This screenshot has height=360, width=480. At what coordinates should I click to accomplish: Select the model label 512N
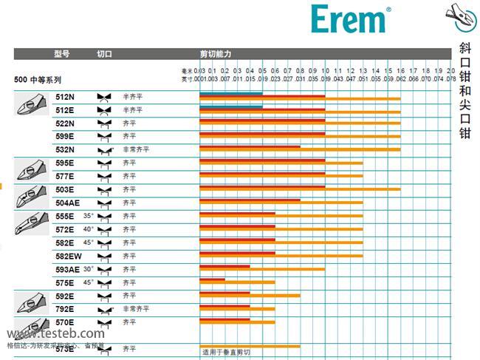coord(65,97)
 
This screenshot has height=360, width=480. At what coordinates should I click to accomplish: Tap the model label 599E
coord(65,136)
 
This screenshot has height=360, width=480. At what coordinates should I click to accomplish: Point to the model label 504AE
coord(67,203)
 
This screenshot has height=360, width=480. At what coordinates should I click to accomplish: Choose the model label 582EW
coord(68,256)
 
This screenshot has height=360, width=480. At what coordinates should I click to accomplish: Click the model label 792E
coord(65,309)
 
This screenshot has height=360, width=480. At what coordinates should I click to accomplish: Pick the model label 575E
coord(65,282)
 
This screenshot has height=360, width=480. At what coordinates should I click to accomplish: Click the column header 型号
coord(61,55)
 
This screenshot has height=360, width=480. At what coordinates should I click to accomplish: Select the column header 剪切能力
coord(216,55)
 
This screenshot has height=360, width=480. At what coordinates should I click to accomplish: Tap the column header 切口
coord(104,55)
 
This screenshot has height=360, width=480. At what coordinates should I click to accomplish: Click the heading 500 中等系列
coord(38,78)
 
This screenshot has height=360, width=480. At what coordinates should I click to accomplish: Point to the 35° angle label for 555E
coord(89,216)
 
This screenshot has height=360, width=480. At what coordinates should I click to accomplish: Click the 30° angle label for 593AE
coord(89,269)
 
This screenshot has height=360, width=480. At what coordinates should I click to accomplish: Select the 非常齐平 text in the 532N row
coord(136,149)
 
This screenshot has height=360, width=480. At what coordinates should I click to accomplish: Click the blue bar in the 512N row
coord(230,93)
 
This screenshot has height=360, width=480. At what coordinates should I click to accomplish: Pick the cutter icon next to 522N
coord(104,123)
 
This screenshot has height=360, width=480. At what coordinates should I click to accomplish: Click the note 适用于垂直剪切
coord(227,352)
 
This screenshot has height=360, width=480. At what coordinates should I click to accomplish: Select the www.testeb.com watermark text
coord(55,333)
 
